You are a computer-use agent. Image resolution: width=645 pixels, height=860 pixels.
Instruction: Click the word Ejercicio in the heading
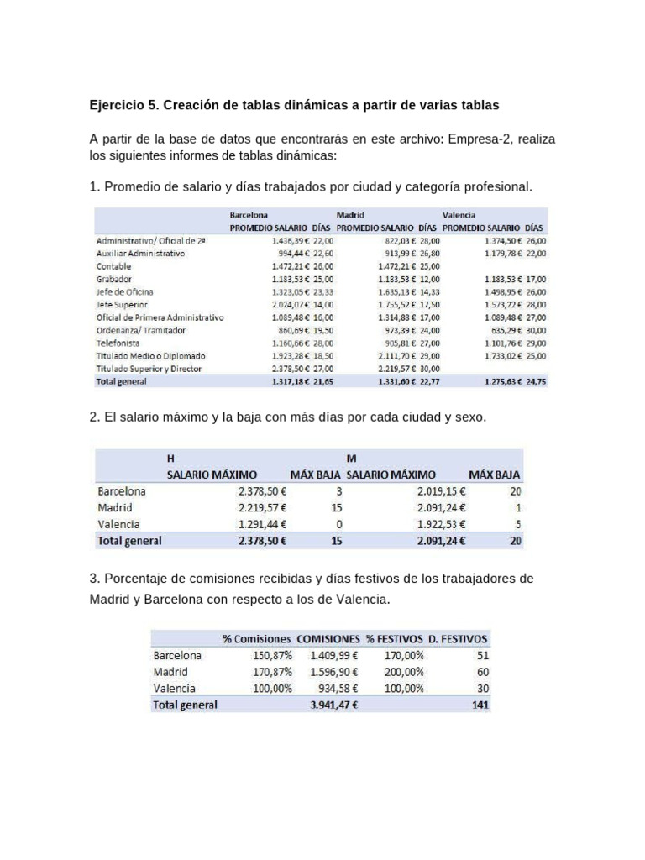[116, 106]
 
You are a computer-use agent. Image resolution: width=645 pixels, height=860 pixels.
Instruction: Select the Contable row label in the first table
[114, 265]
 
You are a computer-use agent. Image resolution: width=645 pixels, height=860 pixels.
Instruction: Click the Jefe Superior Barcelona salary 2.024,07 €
[290, 304]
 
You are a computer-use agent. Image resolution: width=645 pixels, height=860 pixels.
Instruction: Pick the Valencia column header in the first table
[459, 215]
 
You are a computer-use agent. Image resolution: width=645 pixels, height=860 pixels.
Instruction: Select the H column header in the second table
[170, 459]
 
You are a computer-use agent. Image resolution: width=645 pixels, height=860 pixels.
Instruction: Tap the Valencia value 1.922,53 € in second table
[442, 524]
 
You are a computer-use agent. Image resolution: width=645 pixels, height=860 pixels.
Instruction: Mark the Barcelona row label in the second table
[122, 491]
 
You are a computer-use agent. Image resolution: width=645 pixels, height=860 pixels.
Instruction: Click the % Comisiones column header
[257, 638]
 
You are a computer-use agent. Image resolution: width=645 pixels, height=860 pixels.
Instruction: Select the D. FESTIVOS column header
[457, 638]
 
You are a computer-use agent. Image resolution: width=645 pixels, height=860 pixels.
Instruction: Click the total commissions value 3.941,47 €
[334, 705]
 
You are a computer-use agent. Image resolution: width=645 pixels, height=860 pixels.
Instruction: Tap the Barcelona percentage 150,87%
[272, 655]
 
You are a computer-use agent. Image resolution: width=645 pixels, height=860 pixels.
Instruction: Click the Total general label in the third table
[185, 705]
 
